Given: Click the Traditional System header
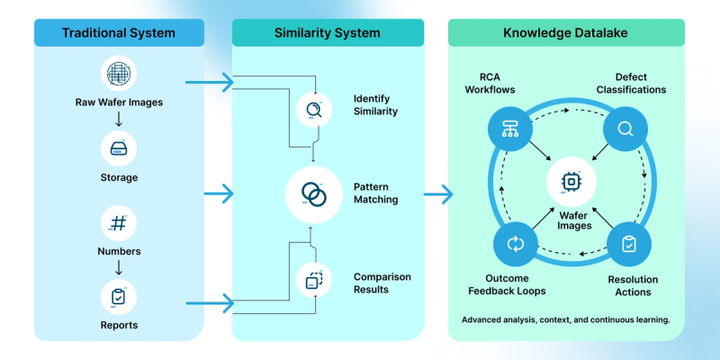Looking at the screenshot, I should point(119,32).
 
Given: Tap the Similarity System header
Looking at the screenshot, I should point(327,32).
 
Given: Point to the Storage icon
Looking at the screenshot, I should point(118,148).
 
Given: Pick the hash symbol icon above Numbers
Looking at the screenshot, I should point(118,222).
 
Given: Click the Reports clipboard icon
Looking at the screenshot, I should point(118,295).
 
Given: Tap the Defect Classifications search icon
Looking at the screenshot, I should point(625,130).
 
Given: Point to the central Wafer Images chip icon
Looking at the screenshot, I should point(571,182).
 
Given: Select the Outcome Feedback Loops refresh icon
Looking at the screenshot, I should point(516,244).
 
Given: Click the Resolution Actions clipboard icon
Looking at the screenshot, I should point(629,244).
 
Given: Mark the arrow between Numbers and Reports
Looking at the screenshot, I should point(118,267).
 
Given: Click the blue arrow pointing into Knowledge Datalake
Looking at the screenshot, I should point(437,193).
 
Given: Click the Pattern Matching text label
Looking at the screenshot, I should point(376,193).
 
